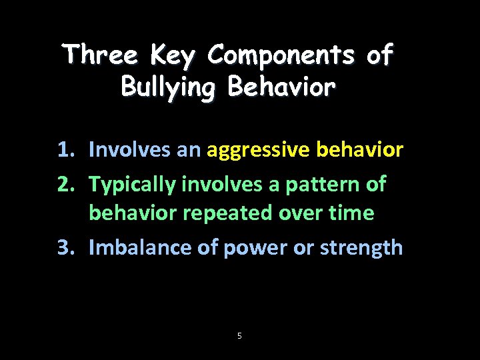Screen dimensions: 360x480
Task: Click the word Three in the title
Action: pos(101,55)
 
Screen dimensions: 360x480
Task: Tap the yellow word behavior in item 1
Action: pos(360,149)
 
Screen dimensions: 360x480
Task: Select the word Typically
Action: pos(132,183)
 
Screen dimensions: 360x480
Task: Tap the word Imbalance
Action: pos(141,247)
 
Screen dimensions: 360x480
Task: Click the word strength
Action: pos(361,247)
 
